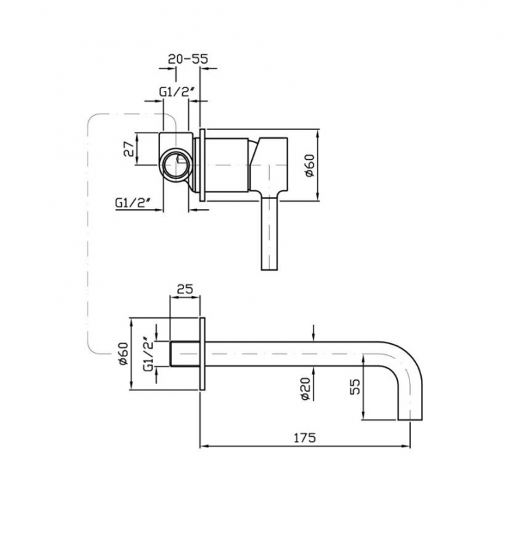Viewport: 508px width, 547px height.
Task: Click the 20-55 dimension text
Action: point(188,59)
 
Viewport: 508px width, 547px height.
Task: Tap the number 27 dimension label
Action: point(129,148)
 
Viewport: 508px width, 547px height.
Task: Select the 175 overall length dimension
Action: point(304,438)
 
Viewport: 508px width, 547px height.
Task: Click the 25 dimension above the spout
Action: point(185,289)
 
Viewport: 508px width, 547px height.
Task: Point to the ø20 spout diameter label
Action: point(306,388)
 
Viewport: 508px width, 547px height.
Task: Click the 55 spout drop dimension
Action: point(355,386)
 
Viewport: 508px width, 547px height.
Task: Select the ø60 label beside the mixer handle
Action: point(310,165)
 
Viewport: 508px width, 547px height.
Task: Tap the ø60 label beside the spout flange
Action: point(123,353)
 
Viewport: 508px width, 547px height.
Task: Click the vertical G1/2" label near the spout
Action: point(149,354)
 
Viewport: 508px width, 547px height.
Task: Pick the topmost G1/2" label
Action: point(177,92)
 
